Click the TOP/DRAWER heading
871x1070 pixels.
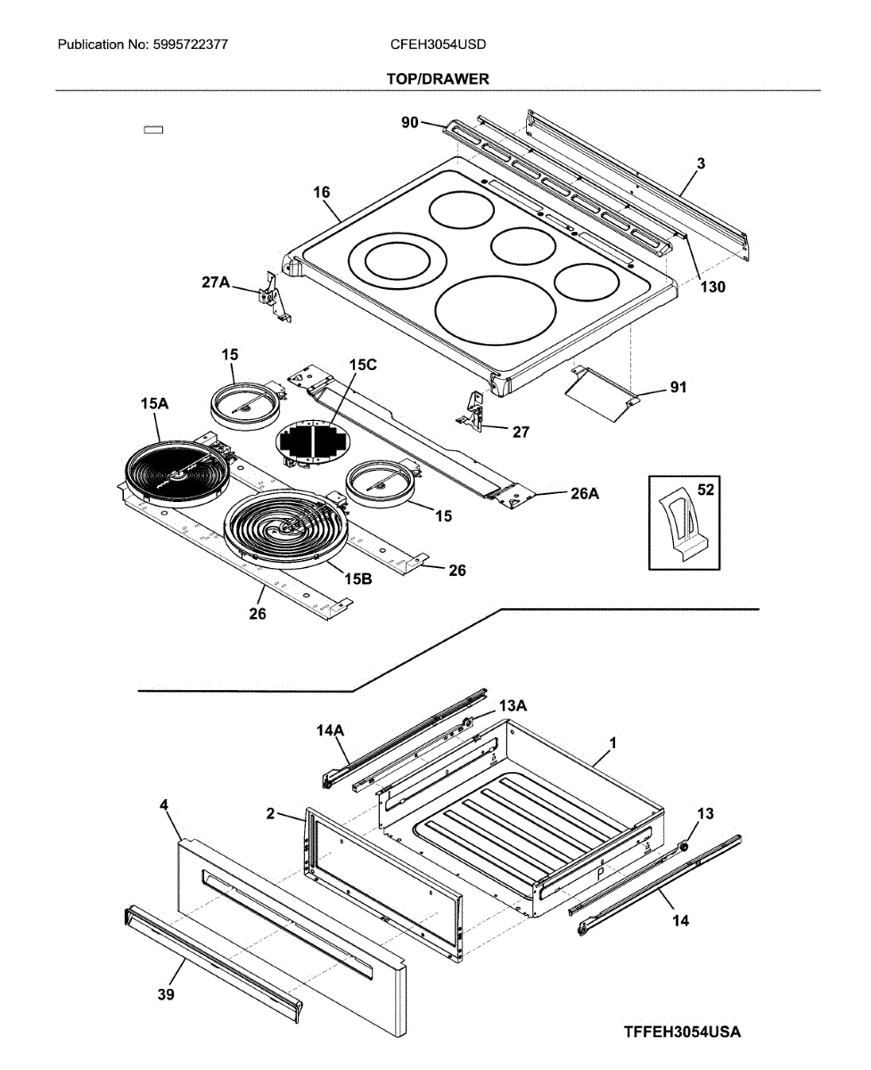[x=438, y=78]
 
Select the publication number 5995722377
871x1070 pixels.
[x=189, y=45]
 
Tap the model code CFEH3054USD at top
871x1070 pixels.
[x=438, y=45]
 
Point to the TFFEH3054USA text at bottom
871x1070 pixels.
[x=682, y=1028]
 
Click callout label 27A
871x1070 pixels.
[x=216, y=283]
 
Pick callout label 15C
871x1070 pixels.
[x=363, y=365]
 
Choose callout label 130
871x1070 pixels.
[x=713, y=287]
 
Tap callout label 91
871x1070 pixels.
[x=678, y=387]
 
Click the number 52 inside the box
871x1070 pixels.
[x=705, y=490]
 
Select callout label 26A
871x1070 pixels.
[x=585, y=494]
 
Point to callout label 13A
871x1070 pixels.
[x=513, y=706]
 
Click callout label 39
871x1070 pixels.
[x=166, y=994]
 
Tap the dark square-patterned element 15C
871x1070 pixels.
[x=313, y=441]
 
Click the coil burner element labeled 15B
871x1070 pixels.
[x=285, y=529]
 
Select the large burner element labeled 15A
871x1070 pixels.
[x=177, y=473]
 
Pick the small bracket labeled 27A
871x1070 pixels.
[x=274, y=298]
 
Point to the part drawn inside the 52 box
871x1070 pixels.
[x=684, y=523]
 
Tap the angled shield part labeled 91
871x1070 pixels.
[x=602, y=393]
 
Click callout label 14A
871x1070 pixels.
[x=330, y=730]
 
